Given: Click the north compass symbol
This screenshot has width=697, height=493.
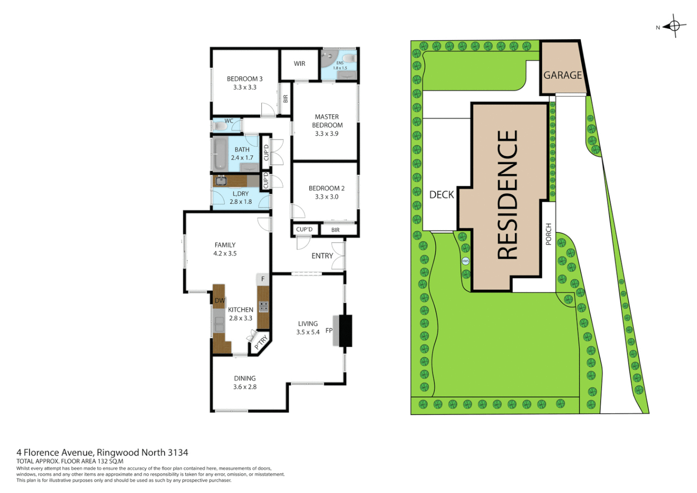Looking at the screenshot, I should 674,26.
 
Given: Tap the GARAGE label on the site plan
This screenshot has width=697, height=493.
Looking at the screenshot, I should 562,75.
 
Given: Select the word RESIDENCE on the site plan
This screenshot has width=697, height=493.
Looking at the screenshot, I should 507,195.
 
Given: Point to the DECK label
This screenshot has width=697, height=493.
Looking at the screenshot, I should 441,195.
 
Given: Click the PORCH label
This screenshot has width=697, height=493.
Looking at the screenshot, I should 549,234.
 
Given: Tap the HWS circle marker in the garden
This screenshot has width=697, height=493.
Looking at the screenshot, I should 465,261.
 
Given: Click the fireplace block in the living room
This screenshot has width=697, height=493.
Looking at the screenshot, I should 345,330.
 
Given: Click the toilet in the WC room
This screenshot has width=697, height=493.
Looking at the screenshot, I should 220,126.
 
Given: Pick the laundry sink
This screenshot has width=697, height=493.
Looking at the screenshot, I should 221,181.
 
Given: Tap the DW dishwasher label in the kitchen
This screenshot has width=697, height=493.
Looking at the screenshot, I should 219,300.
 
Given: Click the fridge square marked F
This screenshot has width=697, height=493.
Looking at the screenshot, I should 263,279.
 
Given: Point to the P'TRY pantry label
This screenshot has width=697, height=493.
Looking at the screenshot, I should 260,342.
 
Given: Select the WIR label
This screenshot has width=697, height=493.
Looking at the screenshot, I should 299,64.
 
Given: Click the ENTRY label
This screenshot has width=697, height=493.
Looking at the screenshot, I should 322,256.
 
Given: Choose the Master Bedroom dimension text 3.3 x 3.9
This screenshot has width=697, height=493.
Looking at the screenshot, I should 327,134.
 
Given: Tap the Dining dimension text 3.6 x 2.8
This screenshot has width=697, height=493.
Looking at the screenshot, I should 245,387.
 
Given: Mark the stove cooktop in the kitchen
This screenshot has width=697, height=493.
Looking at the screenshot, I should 263,306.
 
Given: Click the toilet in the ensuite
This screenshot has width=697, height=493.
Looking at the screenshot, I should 349,58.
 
